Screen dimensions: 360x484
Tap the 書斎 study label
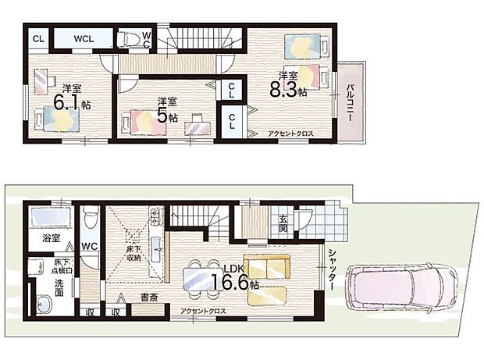click(151, 298)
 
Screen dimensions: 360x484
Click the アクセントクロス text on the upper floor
click(290, 134)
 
